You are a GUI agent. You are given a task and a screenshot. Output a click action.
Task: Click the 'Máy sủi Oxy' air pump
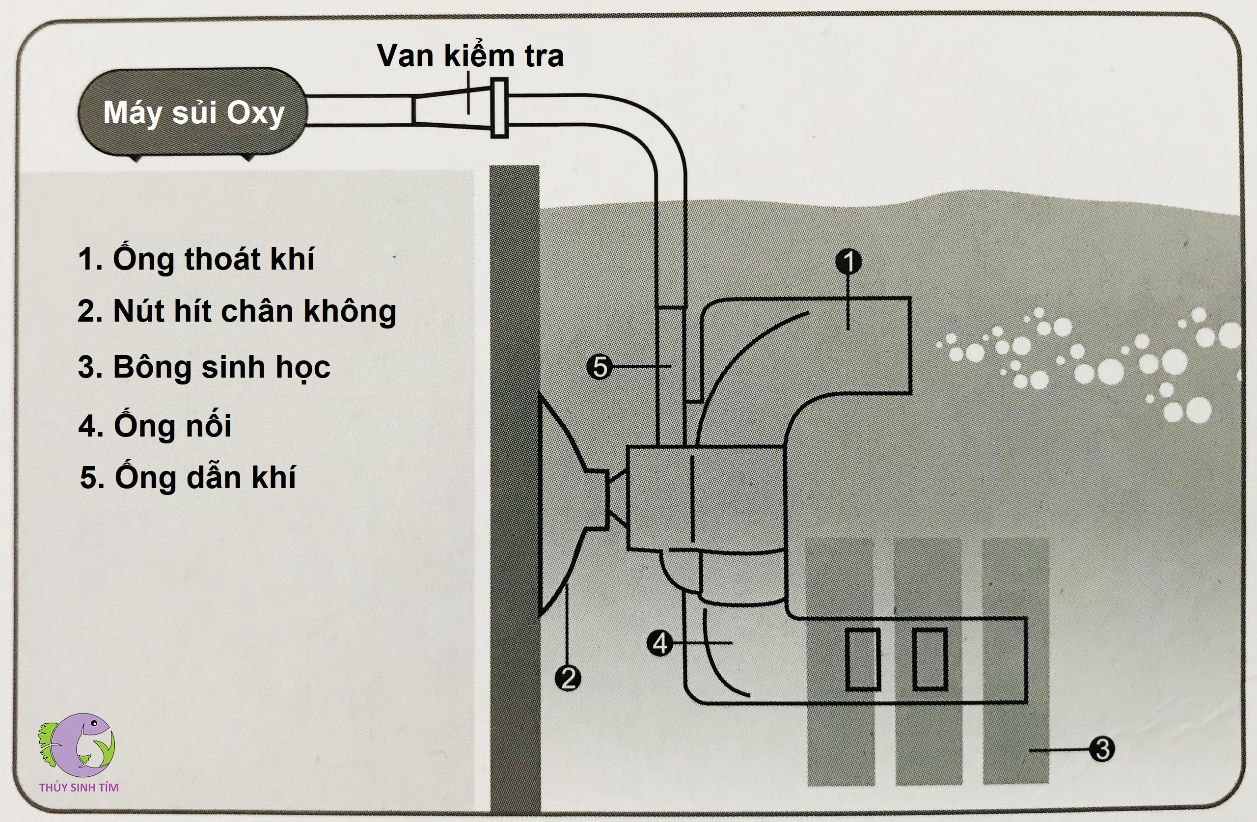tap(193, 112)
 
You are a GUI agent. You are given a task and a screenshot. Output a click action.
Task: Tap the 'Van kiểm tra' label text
tap(469, 55)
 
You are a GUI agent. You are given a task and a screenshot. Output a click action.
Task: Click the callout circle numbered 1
tap(848, 261)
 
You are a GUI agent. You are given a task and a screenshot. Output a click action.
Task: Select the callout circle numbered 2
tap(568, 678)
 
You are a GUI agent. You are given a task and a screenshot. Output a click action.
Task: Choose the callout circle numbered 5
tap(600, 367)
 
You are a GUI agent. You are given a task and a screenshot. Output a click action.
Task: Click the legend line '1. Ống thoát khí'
tap(196, 259)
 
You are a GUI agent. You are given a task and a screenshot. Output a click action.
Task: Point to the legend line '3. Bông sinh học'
tap(204, 367)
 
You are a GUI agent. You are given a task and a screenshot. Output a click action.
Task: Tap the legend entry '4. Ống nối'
tap(155, 425)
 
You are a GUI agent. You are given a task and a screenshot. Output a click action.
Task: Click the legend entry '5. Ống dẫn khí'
tap(188, 477)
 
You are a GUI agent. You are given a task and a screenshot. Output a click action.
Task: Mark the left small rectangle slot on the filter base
tap(863, 659)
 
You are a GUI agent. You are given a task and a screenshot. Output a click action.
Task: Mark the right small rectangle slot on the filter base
tap(930, 659)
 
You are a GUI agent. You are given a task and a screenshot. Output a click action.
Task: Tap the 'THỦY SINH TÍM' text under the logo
tap(79, 787)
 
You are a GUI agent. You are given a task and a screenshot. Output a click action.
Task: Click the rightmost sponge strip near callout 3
tap(1015, 740)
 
